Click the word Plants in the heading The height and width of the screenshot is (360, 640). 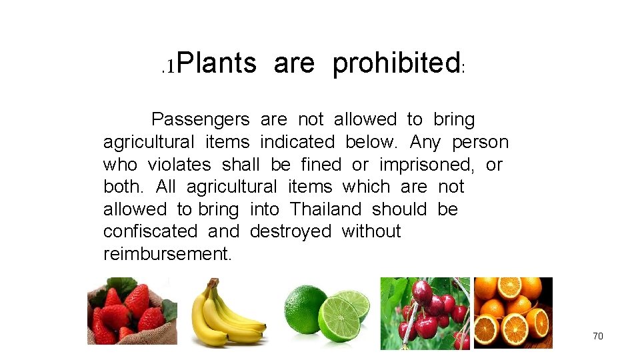coord(217,63)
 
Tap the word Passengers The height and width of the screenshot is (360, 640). coord(200,120)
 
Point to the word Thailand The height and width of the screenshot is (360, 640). coord(325,209)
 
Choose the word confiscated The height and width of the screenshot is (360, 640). coord(150,231)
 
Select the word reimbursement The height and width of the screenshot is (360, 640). coord(167,254)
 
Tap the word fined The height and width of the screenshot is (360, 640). coord(321,165)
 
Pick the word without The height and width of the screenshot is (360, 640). coord(371,231)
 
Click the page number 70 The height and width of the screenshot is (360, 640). coord(597,336)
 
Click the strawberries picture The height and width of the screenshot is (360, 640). coord(132,311)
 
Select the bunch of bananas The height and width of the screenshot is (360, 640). coord(227,317)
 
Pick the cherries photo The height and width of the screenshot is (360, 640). coord(425,313)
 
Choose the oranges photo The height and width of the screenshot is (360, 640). coord(513,313)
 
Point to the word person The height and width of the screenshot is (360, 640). coord(480,142)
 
